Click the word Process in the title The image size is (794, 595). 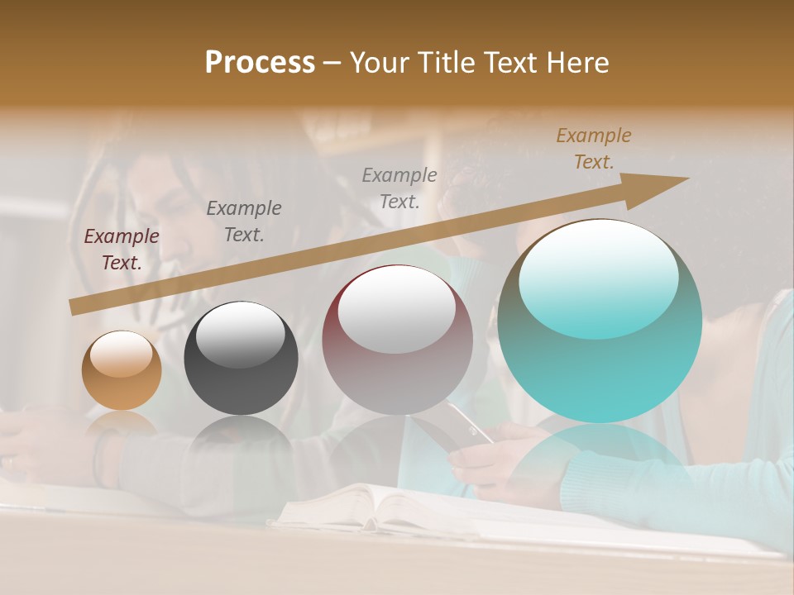[x=260, y=63]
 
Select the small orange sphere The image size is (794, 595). [x=122, y=371]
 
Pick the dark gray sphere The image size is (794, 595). [x=241, y=359]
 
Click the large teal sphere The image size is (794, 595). [x=600, y=321]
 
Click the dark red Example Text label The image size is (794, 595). [x=122, y=250]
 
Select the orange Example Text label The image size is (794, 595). [x=593, y=149]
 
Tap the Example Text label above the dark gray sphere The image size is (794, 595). [x=244, y=221]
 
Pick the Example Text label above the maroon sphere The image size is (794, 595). [x=399, y=188]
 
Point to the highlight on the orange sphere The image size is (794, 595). [x=122, y=355]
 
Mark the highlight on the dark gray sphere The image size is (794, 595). [x=240, y=334]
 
